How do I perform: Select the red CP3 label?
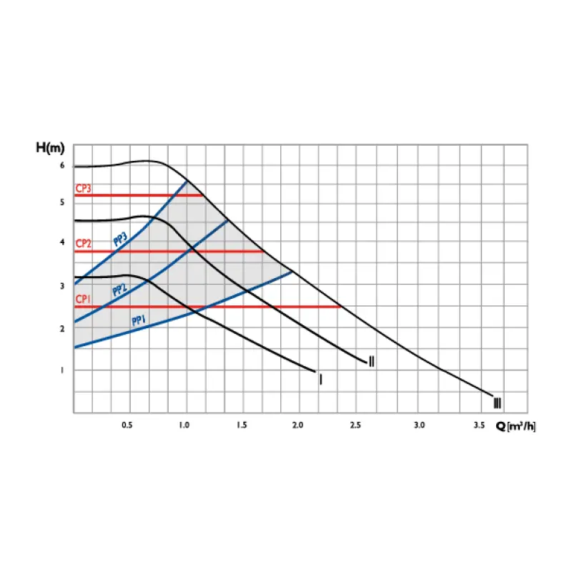point(84,189)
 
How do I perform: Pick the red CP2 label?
point(84,244)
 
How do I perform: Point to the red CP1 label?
point(84,300)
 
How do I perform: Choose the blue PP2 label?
point(120,290)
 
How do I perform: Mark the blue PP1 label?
point(139,320)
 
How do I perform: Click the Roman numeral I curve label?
point(320,379)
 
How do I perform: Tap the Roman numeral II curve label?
point(371,361)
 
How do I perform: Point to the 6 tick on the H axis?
point(62,166)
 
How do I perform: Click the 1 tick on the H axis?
point(62,370)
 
